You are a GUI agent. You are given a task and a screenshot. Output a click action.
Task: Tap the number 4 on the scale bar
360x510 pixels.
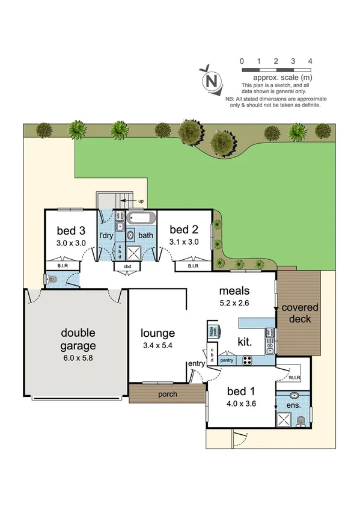(x=310, y=61)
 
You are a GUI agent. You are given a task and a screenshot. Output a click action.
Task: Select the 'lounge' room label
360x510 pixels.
(x=157, y=333)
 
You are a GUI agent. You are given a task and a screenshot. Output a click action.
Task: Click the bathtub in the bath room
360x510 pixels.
(x=142, y=218)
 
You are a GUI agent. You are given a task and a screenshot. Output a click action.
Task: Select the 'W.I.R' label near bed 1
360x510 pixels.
(x=294, y=378)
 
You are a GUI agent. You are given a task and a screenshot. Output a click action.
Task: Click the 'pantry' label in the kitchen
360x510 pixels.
(x=227, y=360)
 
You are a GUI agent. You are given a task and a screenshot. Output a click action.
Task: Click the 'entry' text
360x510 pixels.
(x=196, y=364)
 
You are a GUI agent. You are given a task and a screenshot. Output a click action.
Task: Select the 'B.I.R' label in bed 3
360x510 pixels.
(x=62, y=265)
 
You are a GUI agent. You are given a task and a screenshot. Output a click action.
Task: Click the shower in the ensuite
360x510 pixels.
(x=282, y=419)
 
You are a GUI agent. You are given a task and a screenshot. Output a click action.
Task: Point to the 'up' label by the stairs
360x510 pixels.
(x=141, y=200)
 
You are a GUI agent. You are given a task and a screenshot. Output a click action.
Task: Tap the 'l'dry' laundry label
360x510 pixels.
(x=106, y=235)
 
